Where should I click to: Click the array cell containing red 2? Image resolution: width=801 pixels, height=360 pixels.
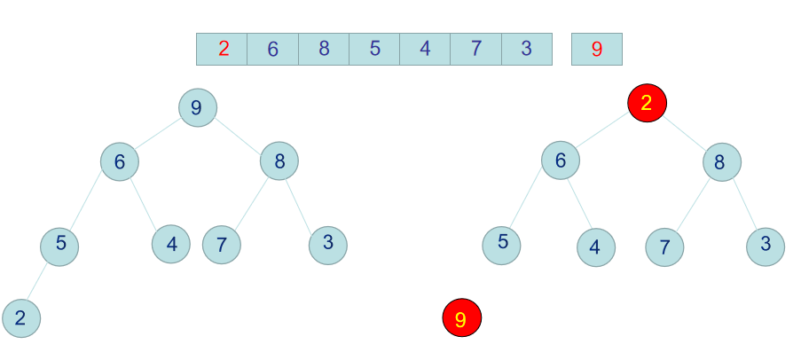[222, 49]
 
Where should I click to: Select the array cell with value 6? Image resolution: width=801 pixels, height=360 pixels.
[273, 49]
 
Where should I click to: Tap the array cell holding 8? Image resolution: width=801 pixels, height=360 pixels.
[324, 49]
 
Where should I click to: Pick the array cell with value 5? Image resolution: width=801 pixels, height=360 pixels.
[374, 49]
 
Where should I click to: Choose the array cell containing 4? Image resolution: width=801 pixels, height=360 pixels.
[425, 49]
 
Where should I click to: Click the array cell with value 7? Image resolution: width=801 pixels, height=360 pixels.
[476, 49]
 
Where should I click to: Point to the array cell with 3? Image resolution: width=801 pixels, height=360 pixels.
[527, 49]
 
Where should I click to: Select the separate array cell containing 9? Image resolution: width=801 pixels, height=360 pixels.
[597, 49]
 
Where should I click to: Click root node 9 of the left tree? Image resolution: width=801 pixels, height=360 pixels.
[197, 107]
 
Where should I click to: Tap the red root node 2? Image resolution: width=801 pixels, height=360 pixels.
[647, 103]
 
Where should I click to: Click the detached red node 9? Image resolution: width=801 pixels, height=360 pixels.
[461, 318]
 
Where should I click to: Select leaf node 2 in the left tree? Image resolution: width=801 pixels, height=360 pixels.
[20, 318]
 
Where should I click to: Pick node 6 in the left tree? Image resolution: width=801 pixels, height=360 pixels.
[119, 161]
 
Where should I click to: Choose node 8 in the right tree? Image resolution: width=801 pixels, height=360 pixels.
[721, 162]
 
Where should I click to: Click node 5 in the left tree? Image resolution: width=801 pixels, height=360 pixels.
[59, 245]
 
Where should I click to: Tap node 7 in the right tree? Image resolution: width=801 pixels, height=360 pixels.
[664, 247]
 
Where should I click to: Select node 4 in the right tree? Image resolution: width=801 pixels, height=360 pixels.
[595, 247]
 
